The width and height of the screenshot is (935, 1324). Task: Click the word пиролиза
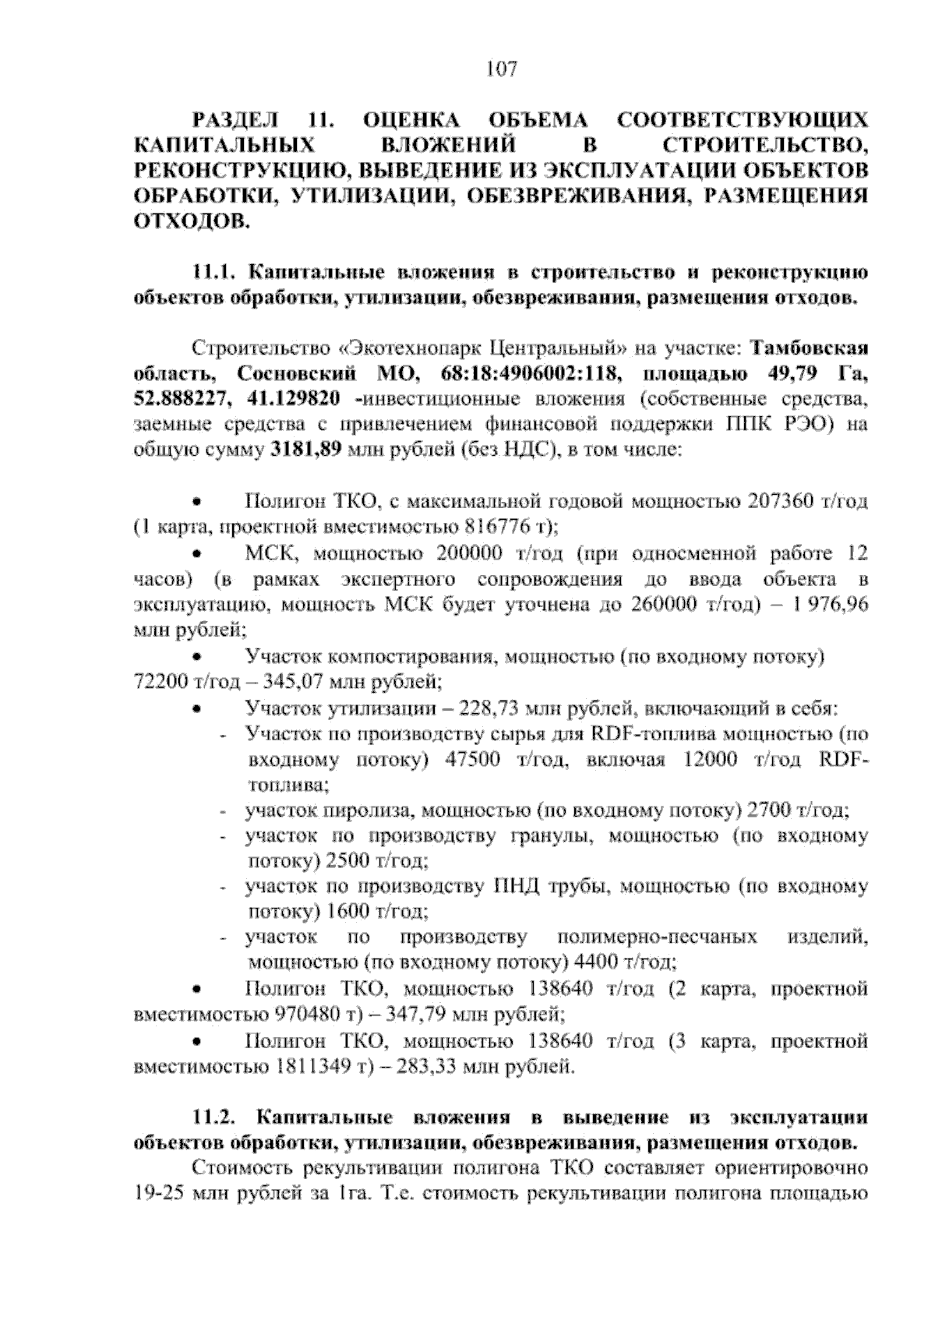369,810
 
